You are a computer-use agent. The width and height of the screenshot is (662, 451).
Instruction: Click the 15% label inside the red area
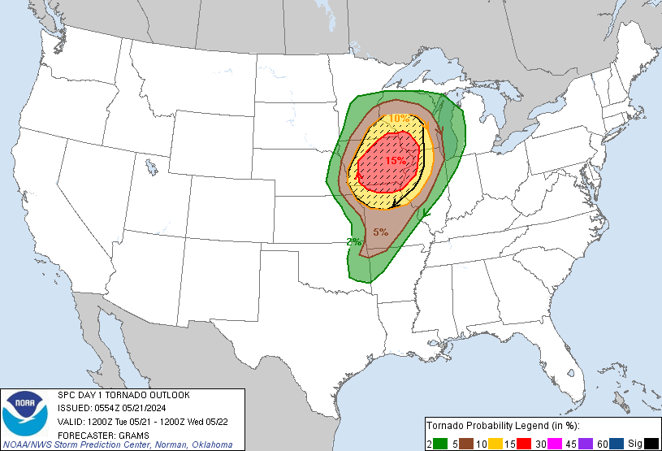click(396, 161)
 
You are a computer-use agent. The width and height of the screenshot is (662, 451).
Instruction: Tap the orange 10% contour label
click(399, 119)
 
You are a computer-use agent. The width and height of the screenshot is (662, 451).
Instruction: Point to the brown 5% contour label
click(380, 232)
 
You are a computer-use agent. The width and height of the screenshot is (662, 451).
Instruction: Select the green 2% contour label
click(353, 242)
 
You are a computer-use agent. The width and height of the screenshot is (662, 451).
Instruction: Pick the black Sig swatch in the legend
click(651, 442)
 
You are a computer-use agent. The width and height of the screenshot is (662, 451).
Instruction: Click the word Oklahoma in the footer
click(210, 444)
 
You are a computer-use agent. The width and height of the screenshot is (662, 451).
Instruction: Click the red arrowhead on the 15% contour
click(358, 173)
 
